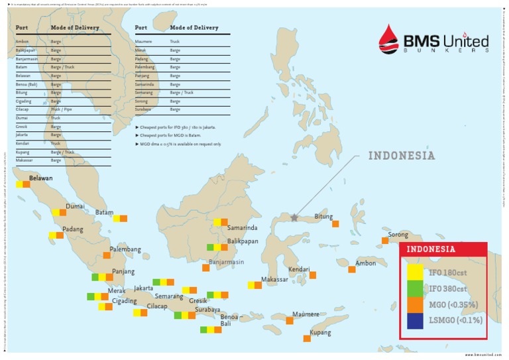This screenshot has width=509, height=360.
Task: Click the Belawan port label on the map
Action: [40, 178]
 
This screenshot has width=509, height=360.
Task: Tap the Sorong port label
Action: [398, 235]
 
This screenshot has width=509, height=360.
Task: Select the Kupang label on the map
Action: [320, 332]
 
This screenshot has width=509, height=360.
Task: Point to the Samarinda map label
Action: [242, 228]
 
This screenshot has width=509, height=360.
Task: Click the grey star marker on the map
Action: [294, 217]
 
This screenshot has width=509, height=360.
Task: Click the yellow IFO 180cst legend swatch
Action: [415, 272]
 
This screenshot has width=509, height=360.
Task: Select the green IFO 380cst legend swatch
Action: [415, 288]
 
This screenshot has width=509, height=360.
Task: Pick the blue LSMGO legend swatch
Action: [415, 321]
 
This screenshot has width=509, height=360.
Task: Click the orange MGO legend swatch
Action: [415, 304]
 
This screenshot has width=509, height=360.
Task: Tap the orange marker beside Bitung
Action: [335, 224]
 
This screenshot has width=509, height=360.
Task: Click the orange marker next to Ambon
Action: [352, 269]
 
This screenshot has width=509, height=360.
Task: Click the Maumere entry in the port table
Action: [144, 41]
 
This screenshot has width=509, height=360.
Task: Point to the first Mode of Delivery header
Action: [75, 28]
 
